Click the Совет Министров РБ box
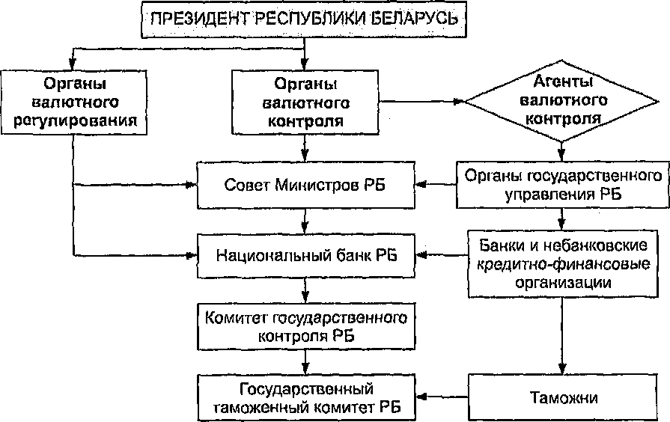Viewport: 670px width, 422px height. (x=305, y=185)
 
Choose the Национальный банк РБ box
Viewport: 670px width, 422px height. (x=305, y=255)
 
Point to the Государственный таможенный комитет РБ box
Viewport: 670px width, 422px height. (x=305, y=397)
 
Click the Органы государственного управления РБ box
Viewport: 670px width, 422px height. (x=563, y=185)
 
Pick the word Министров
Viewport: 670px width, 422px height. (x=307, y=185)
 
